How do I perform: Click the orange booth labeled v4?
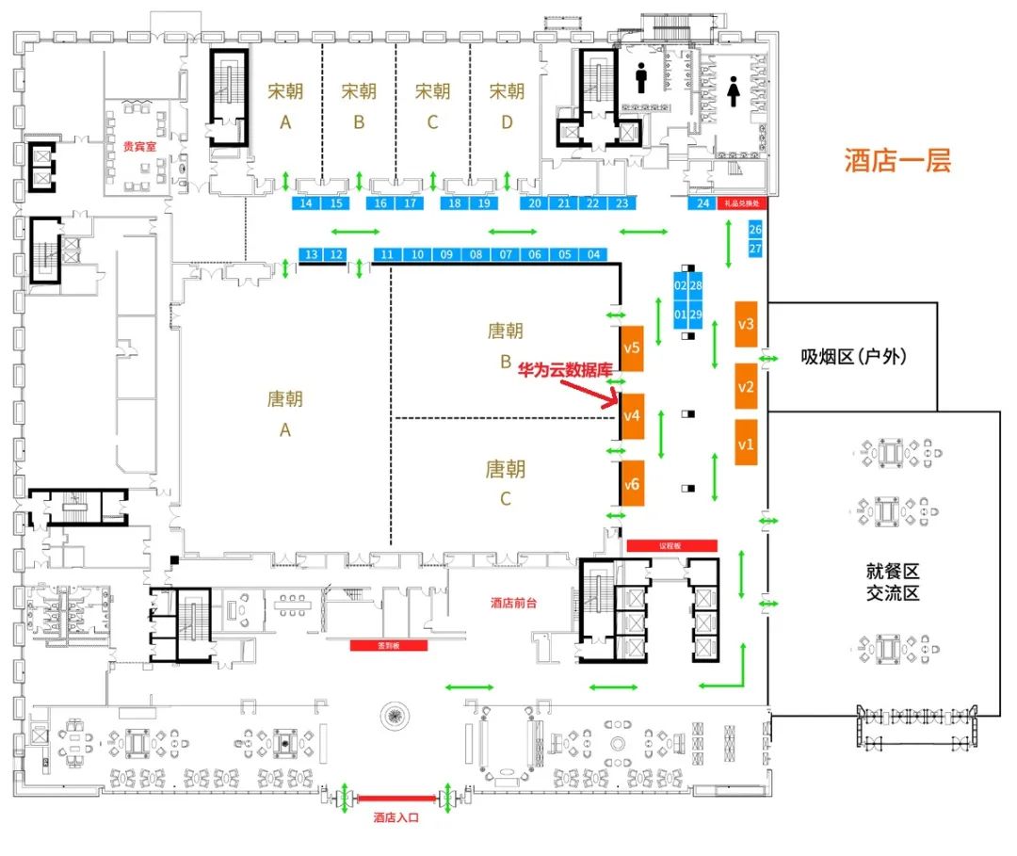coord(632,415)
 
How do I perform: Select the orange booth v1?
coord(747,443)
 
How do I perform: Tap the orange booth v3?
coord(747,324)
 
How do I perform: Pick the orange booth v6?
coord(632,484)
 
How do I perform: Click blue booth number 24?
coord(702,202)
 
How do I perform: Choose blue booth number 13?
coord(311,254)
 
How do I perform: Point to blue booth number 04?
coord(593,254)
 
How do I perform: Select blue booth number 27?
coord(755,249)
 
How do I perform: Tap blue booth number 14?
coord(306,202)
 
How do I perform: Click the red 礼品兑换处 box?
coord(743,202)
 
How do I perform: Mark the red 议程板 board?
coord(671,545)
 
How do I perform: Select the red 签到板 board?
coord(389,645)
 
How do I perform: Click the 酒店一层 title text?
coord(897,160)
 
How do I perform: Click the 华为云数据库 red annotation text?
coord(565,371)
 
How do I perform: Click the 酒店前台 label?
coord(515,603)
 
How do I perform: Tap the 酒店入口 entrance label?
coord(395,817)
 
